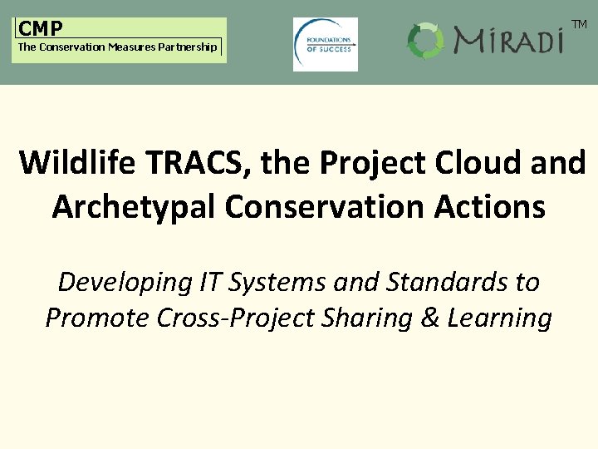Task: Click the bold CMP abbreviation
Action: click(x=41, y=29)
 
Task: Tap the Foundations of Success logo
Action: click(x=326, y=44)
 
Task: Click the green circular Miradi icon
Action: click(x=426, y=40)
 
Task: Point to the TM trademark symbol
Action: click(x=579, y=25)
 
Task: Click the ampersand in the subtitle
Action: click(x=453, y=318)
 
